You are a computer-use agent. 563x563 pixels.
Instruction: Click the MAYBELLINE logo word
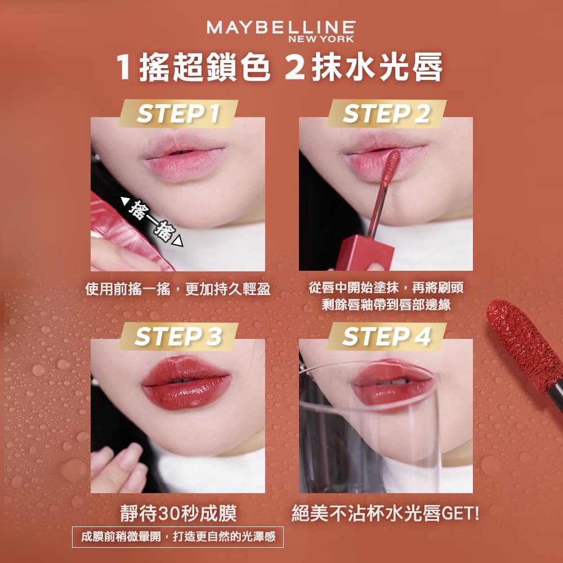click(x=280, y=28)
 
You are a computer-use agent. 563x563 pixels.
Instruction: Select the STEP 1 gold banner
click(x=178, y=114)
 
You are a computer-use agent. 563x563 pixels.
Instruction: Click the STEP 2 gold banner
click(x=386, y=114)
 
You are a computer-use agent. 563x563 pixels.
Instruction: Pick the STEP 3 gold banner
click(x=178, y=336)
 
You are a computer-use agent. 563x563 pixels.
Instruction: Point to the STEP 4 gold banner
click(x=386, y=336)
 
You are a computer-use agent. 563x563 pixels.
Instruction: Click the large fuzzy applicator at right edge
click(x=524, y=343)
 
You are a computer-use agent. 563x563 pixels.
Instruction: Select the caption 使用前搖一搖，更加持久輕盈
click(x=178, y=289)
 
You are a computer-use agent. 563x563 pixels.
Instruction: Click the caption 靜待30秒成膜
click(x=178, y=513)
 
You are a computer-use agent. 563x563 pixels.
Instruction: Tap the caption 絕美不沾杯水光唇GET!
click(x=386, y=513)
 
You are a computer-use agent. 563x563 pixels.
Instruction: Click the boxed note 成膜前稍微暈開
click(x=178, y=537)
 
